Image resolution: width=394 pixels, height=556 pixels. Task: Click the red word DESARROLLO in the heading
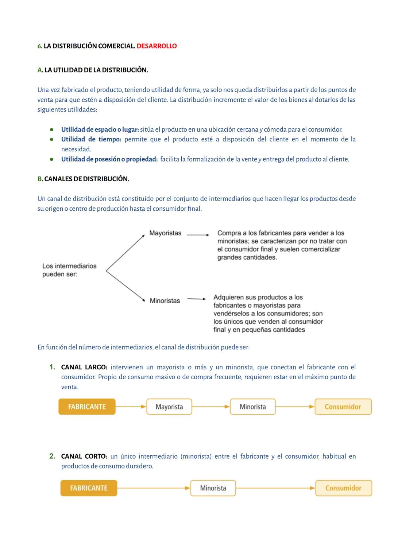(157, 46)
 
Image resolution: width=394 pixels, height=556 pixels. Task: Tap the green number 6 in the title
(39, 46)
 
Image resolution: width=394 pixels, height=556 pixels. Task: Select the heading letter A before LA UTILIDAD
(40, 70)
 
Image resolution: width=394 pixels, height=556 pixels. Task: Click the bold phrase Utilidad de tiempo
(91, 139)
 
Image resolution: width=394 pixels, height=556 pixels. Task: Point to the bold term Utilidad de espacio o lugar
(100, 129)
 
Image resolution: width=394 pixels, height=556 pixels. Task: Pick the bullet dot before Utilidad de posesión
(52, 159)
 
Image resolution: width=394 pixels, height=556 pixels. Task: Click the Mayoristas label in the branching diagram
(165, 233)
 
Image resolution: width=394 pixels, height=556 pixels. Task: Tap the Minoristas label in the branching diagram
(165, 301)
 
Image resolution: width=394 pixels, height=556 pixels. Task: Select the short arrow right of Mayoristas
(198, 235)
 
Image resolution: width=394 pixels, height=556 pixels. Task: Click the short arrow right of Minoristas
(197, 299)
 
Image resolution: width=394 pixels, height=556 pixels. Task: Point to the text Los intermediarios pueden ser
(69, 270)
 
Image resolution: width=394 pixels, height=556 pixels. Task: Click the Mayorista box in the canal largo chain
(169, 407)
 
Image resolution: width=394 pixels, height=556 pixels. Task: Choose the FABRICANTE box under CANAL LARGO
(87, 407)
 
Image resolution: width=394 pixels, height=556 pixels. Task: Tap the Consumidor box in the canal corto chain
(343, 488)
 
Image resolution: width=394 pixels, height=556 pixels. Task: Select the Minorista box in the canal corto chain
(213, 488)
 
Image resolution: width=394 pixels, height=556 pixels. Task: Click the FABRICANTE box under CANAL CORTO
(89, 488)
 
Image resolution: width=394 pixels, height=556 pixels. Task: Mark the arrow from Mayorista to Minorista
(211, 407)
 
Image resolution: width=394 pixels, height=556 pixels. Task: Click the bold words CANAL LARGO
(84, 367)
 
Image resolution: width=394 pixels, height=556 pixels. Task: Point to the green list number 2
(52, 456)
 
